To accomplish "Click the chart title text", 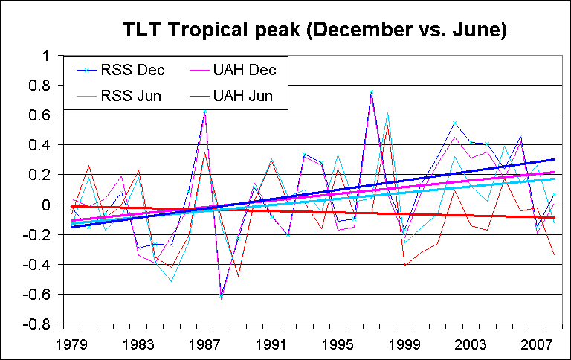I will click(315, 30).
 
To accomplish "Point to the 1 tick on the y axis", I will click(45, 56).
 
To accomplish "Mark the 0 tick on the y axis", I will click(45, 205).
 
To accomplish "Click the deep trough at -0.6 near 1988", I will click(221, 297).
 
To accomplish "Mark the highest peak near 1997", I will click(370, 92).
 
